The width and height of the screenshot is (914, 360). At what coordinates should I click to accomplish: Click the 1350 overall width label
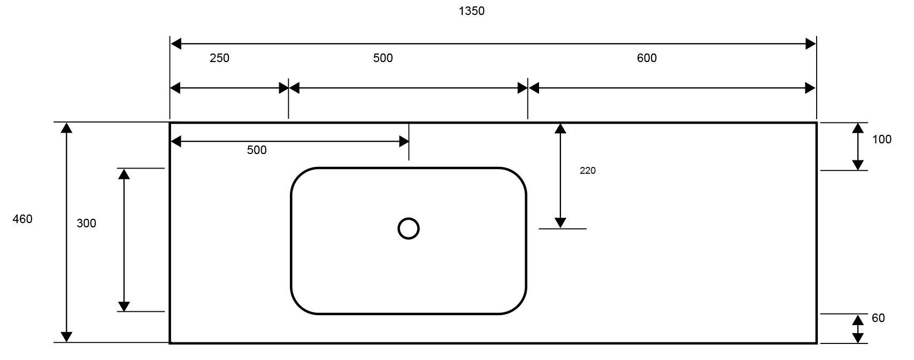pos(471,11)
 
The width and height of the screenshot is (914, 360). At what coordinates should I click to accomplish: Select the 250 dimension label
pos(219,58)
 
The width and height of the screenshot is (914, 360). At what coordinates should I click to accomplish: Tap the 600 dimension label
pos(647,58)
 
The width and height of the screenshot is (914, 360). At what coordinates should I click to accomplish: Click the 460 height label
pos(22,219)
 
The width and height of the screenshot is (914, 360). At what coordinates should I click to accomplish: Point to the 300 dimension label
pos(86,224)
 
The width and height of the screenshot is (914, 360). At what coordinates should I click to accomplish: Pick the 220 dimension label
pos(587,171)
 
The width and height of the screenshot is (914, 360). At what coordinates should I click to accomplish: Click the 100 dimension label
pos(882,140)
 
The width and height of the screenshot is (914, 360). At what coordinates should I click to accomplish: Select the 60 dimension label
pos(878,318)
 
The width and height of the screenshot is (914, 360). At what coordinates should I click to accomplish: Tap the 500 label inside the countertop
pos(257,150)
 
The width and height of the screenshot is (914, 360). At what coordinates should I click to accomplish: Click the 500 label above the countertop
pos(383,58)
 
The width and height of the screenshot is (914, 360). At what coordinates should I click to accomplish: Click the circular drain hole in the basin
pos(409,228)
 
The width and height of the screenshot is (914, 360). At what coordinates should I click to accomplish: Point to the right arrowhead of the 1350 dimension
pos(810,44)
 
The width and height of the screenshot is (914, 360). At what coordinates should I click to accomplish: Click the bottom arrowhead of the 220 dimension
pos(560,223)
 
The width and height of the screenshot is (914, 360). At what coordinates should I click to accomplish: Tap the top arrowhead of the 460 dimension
pos(66,128)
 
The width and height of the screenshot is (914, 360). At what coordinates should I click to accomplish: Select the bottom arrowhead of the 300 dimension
pos(124,306)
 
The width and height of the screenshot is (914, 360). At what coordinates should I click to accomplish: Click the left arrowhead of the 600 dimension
pos(534,88)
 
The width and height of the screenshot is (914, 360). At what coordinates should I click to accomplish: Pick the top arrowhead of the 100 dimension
pos(858,128)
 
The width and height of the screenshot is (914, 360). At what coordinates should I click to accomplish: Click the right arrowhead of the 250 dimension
pos(283,88)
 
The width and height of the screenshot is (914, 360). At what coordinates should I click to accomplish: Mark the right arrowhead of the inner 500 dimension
pos(404,141)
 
